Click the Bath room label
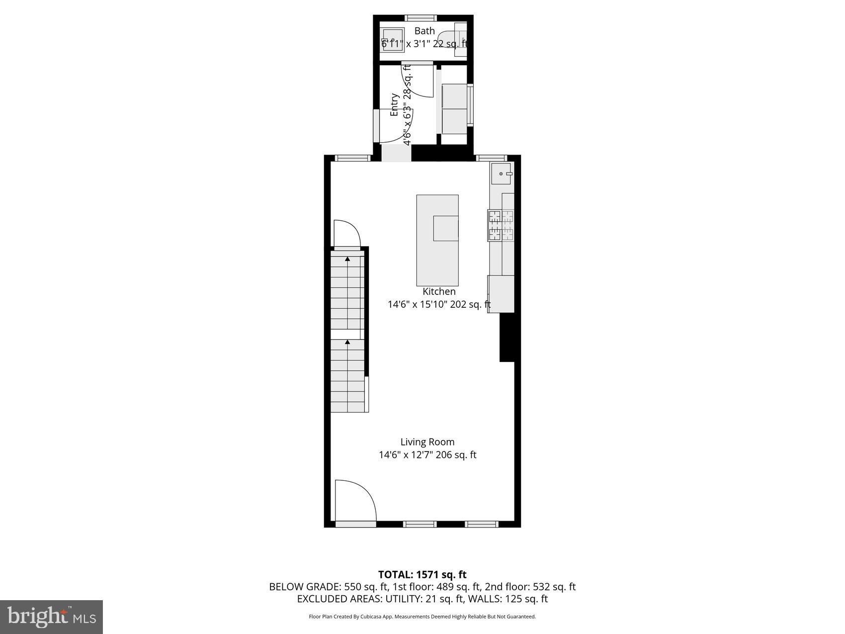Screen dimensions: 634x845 [424, 31]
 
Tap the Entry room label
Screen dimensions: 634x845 [395, 104]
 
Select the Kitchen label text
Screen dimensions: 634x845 [439, 291]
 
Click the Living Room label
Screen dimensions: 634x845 [427, 442]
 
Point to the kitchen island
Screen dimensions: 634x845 [437, 240]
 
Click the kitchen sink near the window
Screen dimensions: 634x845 [501, 174]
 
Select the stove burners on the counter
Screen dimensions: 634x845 [501, 226]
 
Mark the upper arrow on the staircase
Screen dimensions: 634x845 [347, 259]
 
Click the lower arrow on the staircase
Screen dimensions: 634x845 [347, 342]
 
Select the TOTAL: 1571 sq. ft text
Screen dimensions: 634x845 [422, 575]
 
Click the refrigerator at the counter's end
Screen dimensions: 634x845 [501, 294]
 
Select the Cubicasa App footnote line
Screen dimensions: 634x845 [422, 617]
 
